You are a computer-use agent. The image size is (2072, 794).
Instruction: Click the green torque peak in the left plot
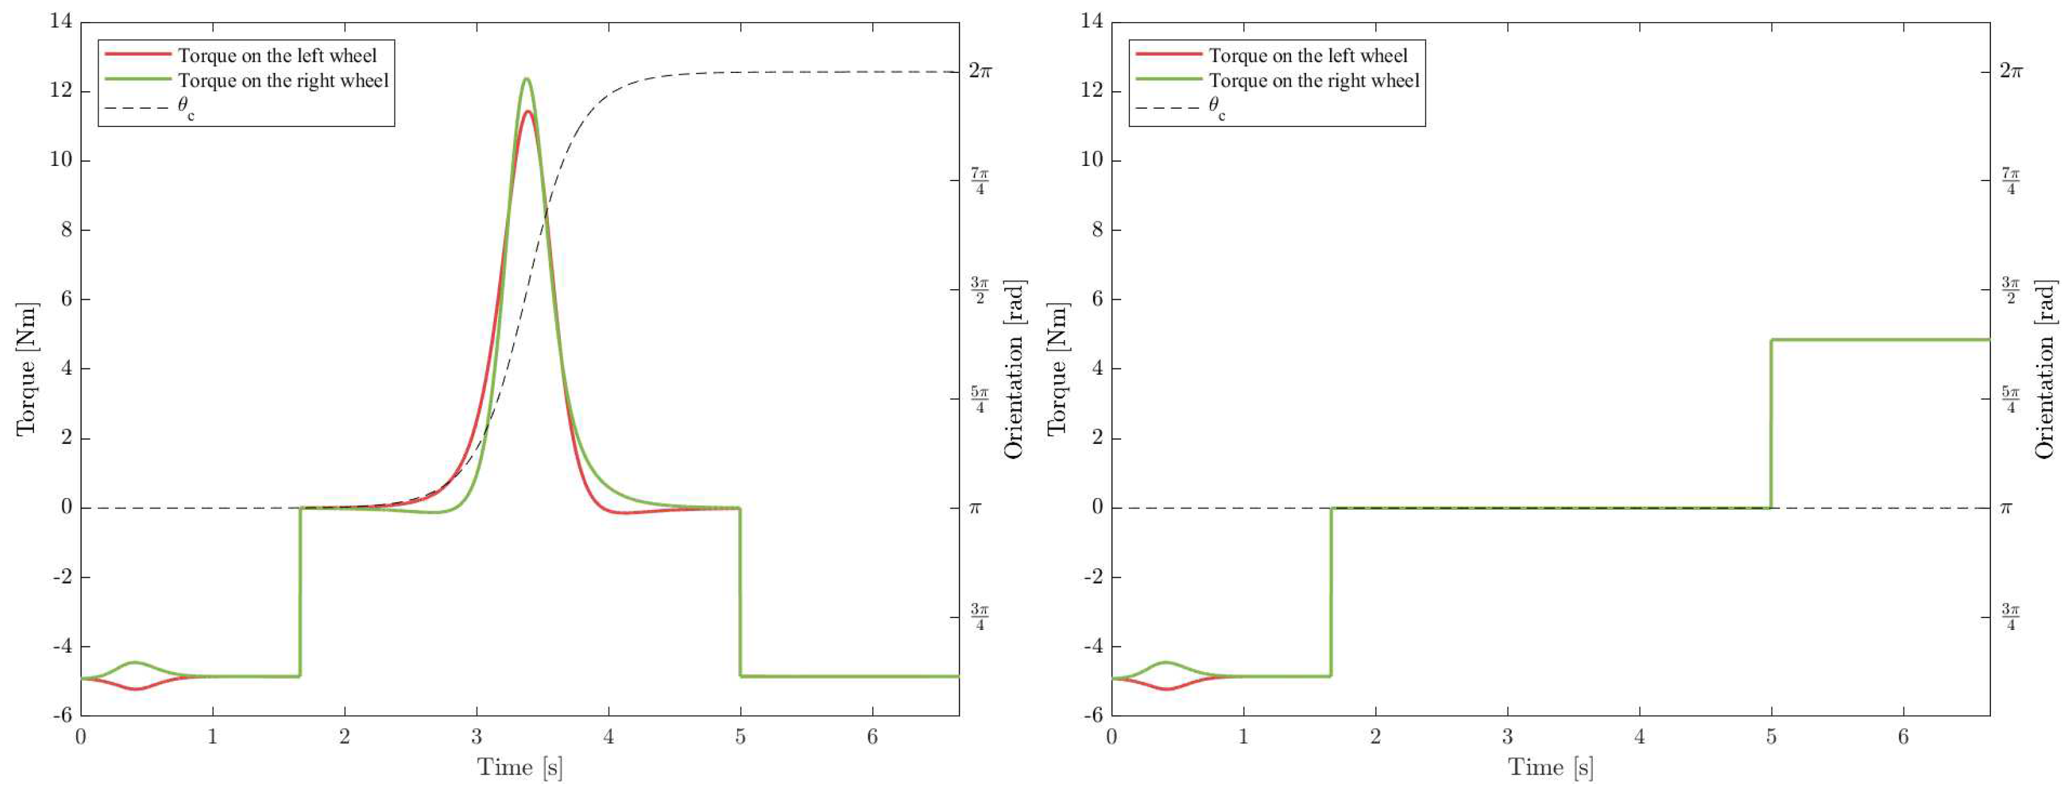(x=526, y=79)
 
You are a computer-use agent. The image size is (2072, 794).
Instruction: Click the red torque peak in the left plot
(x=527, y=112)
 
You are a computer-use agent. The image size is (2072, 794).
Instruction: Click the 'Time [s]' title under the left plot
(x=519, y=766)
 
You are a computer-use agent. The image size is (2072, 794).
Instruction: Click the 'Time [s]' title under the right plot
(x=1550, y=766)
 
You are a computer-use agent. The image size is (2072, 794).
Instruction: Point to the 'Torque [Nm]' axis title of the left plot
(x=26, y=369)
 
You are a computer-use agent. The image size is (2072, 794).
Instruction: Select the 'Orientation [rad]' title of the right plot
(x=2045, y=369)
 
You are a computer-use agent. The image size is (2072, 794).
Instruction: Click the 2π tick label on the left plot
(x=980, y=71)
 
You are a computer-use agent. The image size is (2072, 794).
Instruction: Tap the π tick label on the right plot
(x=2006, y=507)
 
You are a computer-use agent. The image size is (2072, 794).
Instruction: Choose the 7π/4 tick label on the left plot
(x=980, y=181)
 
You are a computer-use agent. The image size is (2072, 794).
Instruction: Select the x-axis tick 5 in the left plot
(x=740, y=736)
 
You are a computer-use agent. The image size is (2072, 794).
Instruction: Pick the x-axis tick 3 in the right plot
(x=1507, y=736)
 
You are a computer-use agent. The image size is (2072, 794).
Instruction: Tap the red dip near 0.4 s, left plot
(x=136, y=688)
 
